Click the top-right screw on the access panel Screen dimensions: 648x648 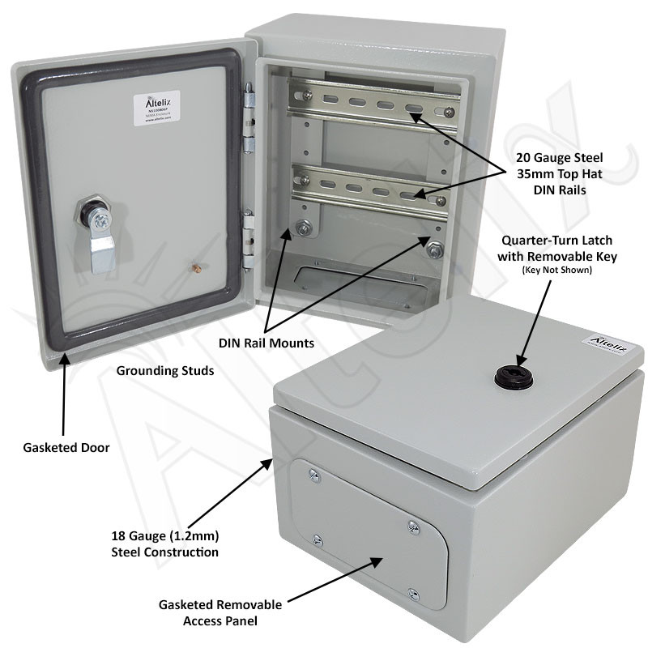point(413,527)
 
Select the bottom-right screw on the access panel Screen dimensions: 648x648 point(413,593)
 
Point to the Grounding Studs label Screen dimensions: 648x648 point(165,372)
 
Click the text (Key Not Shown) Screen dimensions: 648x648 point(559,270)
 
